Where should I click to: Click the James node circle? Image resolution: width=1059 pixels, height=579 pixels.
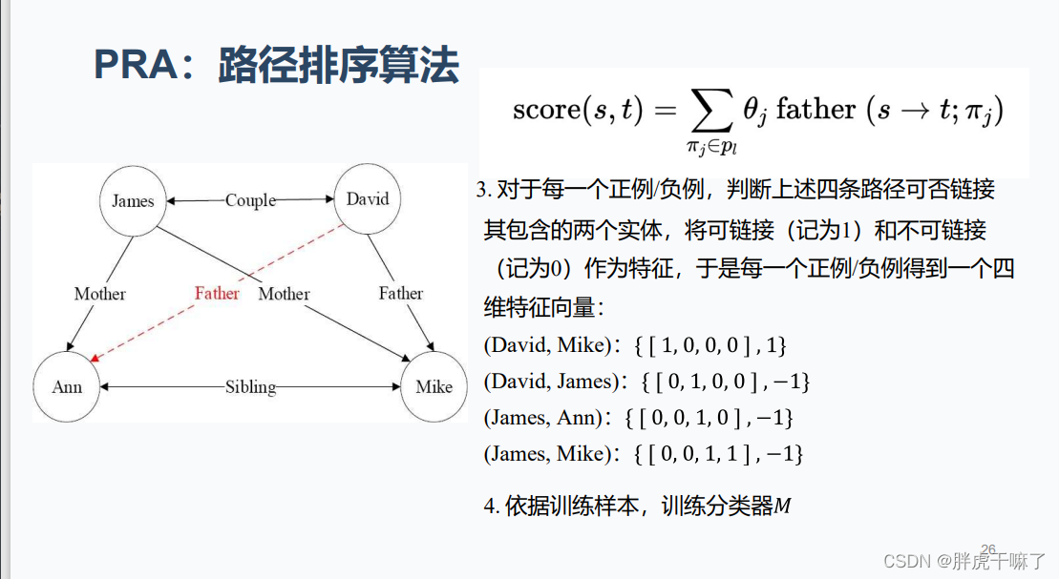coord(133,201)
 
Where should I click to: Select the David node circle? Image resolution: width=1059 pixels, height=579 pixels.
coord(368,199)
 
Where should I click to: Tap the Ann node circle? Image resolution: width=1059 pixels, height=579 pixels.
coord(67,387)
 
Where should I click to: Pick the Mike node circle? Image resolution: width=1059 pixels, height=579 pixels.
coord(434,387)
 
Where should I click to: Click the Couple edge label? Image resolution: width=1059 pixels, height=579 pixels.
coord(250,200)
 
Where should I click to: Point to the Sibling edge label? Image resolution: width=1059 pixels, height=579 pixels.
coord(250,387)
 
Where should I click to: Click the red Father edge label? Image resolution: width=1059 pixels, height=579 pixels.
coord(217,293)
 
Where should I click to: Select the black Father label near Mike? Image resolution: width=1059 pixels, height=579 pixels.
coord(400,293)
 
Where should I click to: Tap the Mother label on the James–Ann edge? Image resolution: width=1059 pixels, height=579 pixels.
coord(100,294)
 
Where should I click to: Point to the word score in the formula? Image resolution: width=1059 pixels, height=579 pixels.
coord(545,110)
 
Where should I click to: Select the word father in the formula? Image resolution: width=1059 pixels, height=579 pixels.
coord(815,110)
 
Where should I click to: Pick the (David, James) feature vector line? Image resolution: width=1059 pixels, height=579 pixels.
coord(646,382)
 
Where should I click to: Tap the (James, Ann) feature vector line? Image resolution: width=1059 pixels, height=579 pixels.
coord(639,417)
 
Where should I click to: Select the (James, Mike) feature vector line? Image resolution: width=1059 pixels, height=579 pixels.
coord(644,453)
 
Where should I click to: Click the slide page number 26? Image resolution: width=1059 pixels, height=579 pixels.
coord(988,549)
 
